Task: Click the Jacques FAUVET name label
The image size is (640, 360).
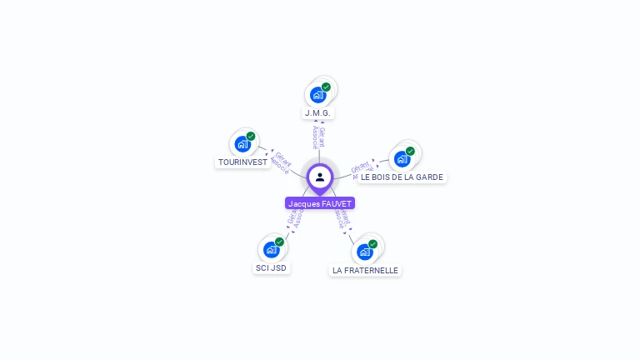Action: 320,203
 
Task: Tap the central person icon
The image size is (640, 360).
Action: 320,177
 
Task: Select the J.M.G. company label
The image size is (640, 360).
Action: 317,112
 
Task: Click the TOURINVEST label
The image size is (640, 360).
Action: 242,162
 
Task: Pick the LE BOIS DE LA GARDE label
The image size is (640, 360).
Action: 402,177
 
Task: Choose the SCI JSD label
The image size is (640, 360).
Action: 271,267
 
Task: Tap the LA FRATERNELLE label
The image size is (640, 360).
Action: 365,270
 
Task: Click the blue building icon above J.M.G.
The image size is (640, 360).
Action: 317,94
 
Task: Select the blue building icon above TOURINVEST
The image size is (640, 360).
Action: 242,143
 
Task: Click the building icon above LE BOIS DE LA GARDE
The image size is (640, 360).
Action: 402,158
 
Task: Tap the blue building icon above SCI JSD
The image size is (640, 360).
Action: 271,249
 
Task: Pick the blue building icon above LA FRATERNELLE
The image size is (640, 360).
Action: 364,252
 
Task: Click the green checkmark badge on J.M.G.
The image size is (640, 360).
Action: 326,87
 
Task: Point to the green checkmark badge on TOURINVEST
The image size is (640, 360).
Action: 251,136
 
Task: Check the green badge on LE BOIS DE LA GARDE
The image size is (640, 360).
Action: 410,151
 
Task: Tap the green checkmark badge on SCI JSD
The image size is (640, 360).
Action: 279,242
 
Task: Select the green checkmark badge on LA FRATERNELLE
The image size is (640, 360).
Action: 372,244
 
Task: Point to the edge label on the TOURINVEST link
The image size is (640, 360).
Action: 281,162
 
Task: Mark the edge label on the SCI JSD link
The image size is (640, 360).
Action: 294,219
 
